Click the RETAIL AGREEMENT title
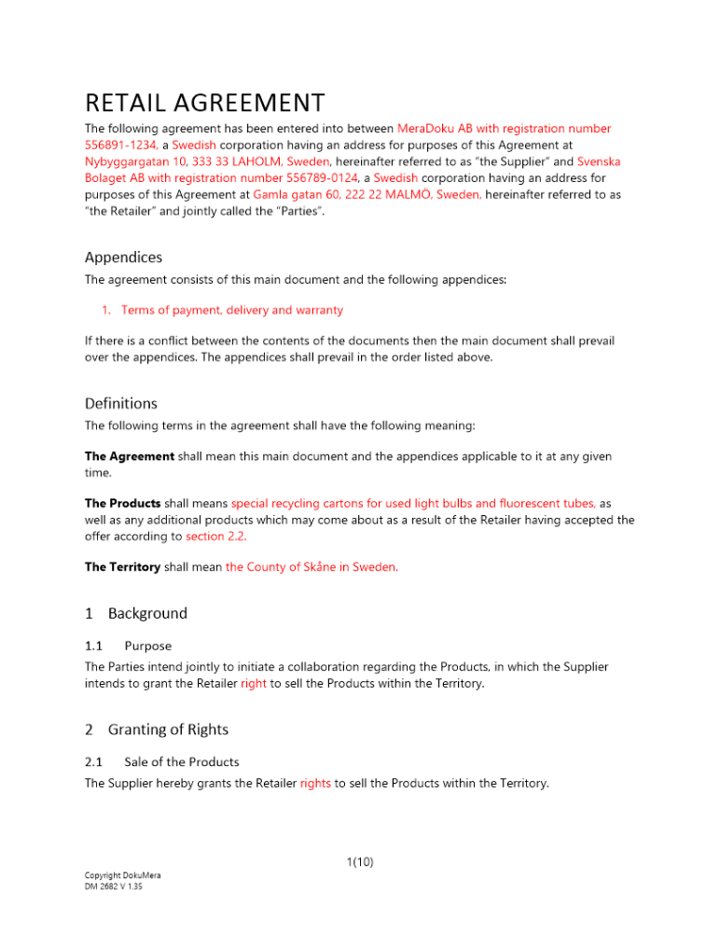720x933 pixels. point(204,102)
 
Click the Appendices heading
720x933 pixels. point(123,257)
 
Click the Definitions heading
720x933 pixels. point(121,404)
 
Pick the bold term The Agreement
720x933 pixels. point(130,456)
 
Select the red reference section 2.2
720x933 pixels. point(216,536)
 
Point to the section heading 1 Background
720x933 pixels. point(136,613)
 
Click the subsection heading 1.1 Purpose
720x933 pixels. point(128,646)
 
